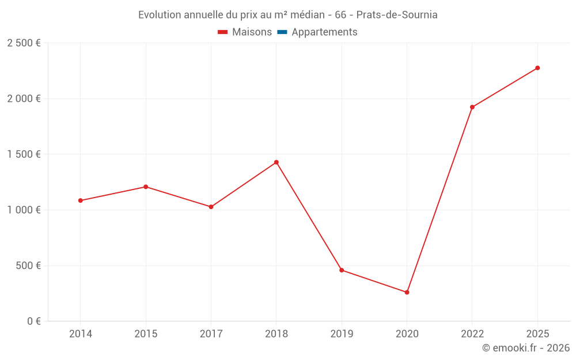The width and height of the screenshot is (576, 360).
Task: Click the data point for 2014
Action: click(x=80, y=200)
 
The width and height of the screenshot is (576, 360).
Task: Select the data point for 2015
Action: click(x=146, y=187)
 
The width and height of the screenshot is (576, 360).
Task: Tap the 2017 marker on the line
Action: click(x=211, y=207)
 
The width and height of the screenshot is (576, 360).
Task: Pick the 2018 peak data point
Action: click(x=276, y=162)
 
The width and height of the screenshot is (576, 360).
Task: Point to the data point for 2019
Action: click(x=342, y=270)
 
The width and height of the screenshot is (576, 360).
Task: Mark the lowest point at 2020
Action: click(x=407, y=293)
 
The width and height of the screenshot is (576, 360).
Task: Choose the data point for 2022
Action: click(x=472, y=107)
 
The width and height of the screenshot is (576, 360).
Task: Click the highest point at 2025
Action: click(x=537, y=68)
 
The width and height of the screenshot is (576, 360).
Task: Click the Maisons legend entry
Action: click(x=252, y=32)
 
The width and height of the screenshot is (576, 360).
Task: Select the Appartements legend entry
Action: click(x=324, y=32)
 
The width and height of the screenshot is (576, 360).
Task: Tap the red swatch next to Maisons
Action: click(x=223, y=32)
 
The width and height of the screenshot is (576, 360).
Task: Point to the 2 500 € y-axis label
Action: click(x=24, y=43)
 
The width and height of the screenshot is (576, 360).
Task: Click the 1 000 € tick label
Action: click(x=24, y=210)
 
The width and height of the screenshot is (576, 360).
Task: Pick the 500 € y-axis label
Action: click(x=28, y=266)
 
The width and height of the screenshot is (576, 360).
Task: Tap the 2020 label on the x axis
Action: click(x=407, y=334)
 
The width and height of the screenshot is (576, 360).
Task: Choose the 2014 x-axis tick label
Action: click(x=80, y=334)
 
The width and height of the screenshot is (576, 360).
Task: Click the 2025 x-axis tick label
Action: click(x=537, y=334)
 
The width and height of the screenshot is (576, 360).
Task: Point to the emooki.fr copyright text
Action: click(x=526, y=348)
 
